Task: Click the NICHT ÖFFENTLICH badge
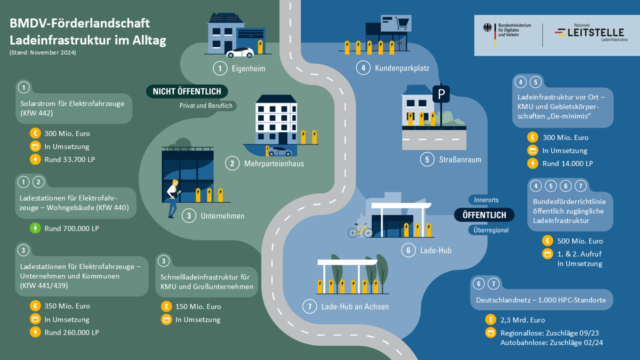pyautogui.click(x=187, y=92)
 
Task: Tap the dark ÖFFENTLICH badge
pyautogui.click(x=484, y=215)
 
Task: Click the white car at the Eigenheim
pyautogui.click(x=239, y=52)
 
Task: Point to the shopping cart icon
pyautogui.click(x=402, y=22)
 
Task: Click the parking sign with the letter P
pyautogui.click(x=440, y=94)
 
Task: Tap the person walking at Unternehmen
pyautogui.click(x=173, y=198)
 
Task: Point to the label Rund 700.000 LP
pyautogui.click(x=71, y=228)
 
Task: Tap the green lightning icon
pyautogui.click(x=35, y=228)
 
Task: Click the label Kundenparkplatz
pyautogui.click(x=402, y=67)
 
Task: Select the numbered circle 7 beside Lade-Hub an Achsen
pyautogui.click(x=310, y=306)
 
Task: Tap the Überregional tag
pyautogui.click(x=489, y=230)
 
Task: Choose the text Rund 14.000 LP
pyautogui.click(x=565, y=163)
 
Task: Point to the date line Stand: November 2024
pyautogui.click(x=43, y=52)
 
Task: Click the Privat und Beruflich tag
pyautogui.click(x=205, y=106)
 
